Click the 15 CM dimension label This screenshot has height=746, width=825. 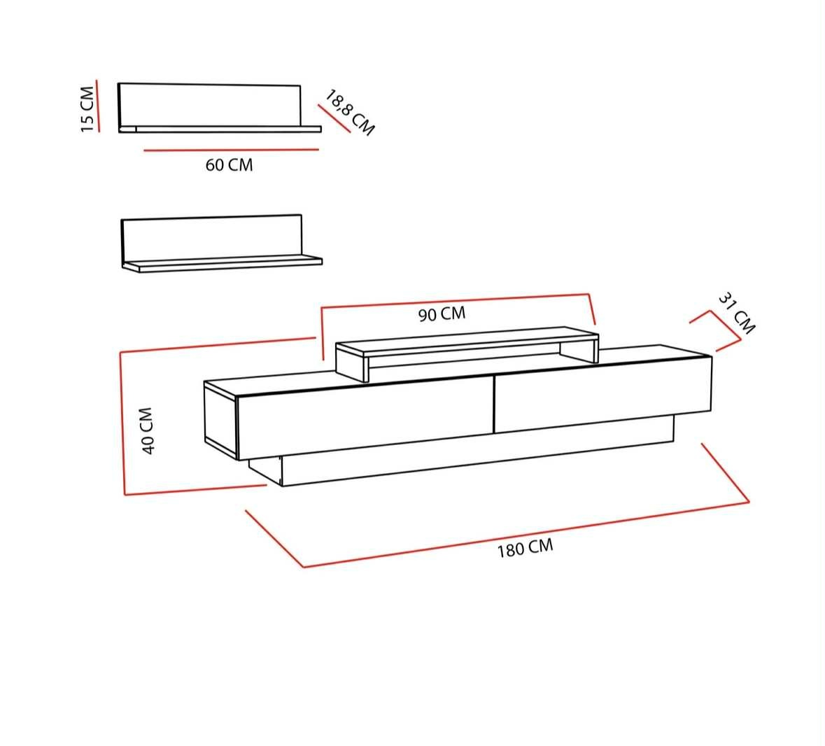pyautogui.click(x=87, y=109)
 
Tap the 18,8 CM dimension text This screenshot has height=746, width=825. pyautogui.click(x=349, y=113)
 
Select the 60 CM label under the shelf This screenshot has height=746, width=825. pyautogui.click(x=229, y=165)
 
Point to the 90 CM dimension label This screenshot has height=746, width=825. pyautogui.click(x=442, y=314)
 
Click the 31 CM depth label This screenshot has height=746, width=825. pyautogui.click(x=737, y=313)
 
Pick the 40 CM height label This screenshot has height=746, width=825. pyautogui.click(x=147, y=430)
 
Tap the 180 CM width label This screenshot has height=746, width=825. pyautogui.click(x=525, y=548)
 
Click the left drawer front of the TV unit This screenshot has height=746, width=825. pyautogui.click(x=366, y=417)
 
